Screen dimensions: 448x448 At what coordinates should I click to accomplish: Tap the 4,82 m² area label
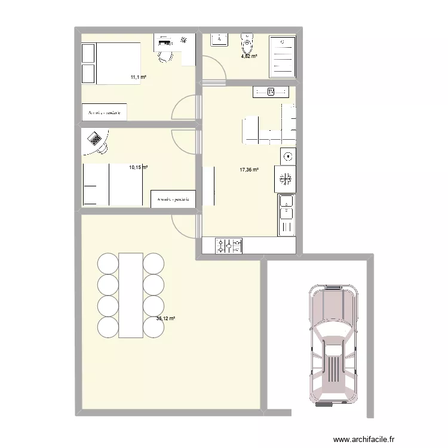(x=249, y=56)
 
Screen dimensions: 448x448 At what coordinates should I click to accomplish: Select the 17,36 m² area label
(x=249, y=170)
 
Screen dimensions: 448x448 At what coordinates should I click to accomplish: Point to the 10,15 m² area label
(x=138, y=167)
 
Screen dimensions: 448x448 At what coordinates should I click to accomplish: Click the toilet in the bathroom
(x=247, y=42)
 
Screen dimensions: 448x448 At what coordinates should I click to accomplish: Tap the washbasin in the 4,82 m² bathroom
(x=219, y=39)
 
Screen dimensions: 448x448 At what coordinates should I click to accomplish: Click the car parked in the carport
(x=333, y=345)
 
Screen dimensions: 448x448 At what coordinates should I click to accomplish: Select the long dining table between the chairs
(x=130, y=294)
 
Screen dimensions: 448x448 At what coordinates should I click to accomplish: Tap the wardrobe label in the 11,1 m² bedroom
(x=105, y=112)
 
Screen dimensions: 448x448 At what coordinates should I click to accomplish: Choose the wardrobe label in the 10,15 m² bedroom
(x=174, y=199)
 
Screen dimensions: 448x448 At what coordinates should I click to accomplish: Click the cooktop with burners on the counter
(x=230, y=246)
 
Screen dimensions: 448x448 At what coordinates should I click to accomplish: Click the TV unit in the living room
(x=271, y=91)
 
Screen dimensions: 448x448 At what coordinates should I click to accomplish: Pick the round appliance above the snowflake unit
(x=289, y=157)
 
